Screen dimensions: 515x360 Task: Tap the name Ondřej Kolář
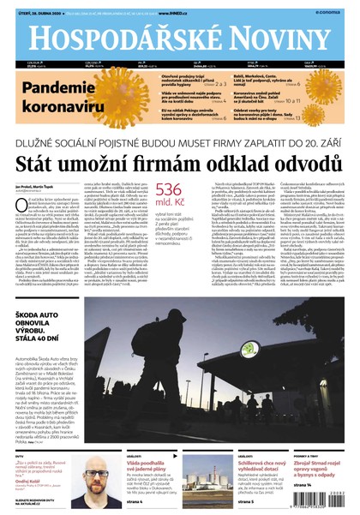pos(27,480)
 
